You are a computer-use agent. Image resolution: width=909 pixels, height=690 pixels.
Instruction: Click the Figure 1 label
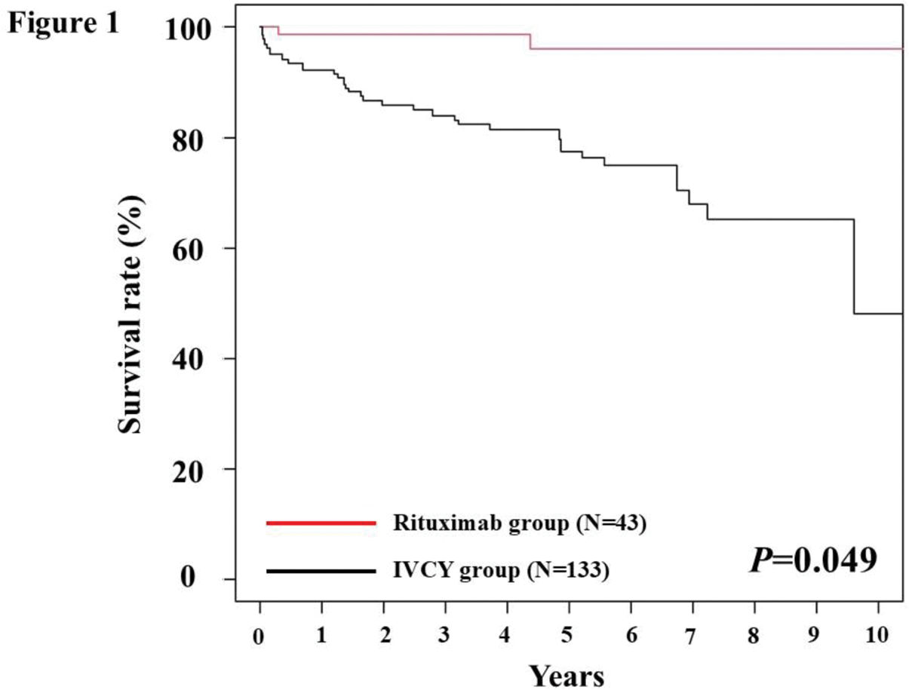[64, 23]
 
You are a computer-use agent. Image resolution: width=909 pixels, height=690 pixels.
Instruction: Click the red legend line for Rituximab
[321, 523]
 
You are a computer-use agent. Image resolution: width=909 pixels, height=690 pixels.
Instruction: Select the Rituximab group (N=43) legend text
[520, 523]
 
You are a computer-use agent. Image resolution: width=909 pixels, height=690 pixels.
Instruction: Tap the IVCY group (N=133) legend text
[501, 572]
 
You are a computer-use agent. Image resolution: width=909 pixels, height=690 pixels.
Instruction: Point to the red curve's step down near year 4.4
[530, 41]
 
